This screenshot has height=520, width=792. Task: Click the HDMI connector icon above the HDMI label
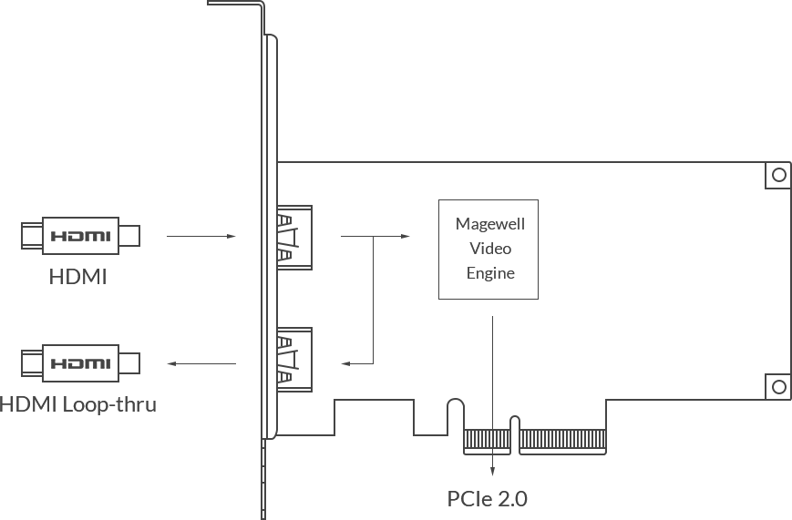80,235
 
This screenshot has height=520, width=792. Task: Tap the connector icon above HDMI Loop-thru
80,362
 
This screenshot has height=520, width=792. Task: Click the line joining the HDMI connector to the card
185,235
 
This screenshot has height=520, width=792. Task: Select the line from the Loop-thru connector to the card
186,362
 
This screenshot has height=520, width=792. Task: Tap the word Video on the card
489,248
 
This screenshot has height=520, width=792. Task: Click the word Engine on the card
489,273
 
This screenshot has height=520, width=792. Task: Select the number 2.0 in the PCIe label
511,498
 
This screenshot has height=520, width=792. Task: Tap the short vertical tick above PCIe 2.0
493,465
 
